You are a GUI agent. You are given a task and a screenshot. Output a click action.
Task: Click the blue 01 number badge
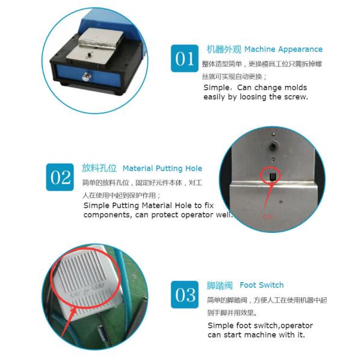185,58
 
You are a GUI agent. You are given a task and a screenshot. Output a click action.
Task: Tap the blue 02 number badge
60,177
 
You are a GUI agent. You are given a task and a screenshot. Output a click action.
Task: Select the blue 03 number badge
185,294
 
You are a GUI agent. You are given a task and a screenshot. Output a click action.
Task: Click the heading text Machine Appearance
283,49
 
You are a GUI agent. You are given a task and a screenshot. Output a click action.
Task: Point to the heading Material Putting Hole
162,168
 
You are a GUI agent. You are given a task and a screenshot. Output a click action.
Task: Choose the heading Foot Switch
262,285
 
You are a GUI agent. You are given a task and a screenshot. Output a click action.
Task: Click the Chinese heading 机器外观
224,49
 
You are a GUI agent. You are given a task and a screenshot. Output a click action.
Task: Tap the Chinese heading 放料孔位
99,168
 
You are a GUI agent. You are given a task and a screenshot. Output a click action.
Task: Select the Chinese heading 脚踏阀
220,285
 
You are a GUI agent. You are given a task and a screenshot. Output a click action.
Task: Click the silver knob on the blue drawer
87,76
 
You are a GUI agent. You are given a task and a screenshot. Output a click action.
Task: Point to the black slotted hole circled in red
273,177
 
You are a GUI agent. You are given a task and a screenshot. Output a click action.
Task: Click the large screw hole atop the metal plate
273,146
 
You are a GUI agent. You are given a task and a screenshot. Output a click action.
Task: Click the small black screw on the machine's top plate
89,55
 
